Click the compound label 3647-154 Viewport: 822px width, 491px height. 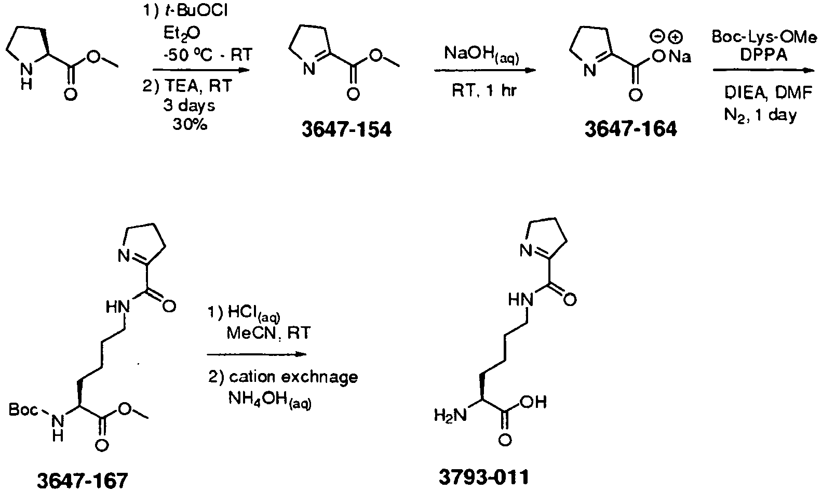tap(346, 130)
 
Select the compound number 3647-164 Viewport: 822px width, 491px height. tap(630, 129)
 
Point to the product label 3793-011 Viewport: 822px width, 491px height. tap(484, 477)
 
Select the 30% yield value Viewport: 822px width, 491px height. tap(190, 125)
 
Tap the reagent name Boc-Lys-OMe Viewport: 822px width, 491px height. tap(764, 37)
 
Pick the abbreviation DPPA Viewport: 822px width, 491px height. tap(764, 55)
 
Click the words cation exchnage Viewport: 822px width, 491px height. tap(293, 377)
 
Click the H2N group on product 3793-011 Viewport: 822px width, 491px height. tap(450, 416)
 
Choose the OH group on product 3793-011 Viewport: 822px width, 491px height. tap(533, 402)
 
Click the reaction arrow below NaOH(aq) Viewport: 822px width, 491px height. tap(485, 70)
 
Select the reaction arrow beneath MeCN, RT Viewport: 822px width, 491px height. tap(257, 354)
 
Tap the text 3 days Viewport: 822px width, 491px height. tap(190, 106)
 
